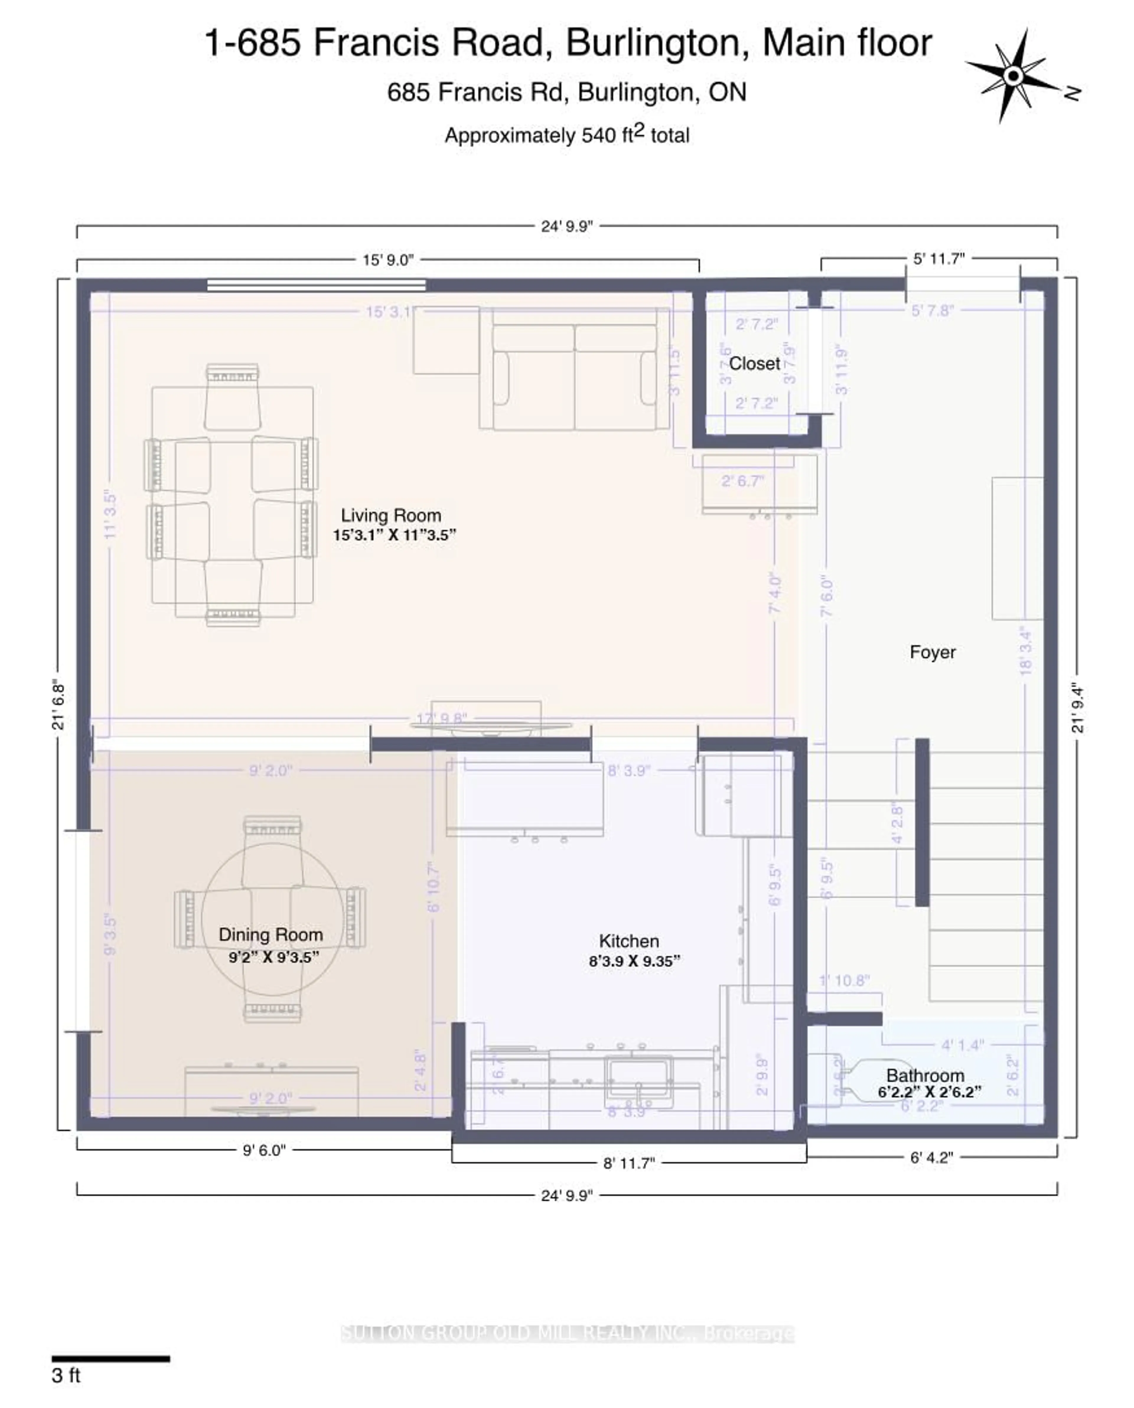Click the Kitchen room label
pos(628,941)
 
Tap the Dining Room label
pos(271,935)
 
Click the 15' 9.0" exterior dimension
pos(388,260)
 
